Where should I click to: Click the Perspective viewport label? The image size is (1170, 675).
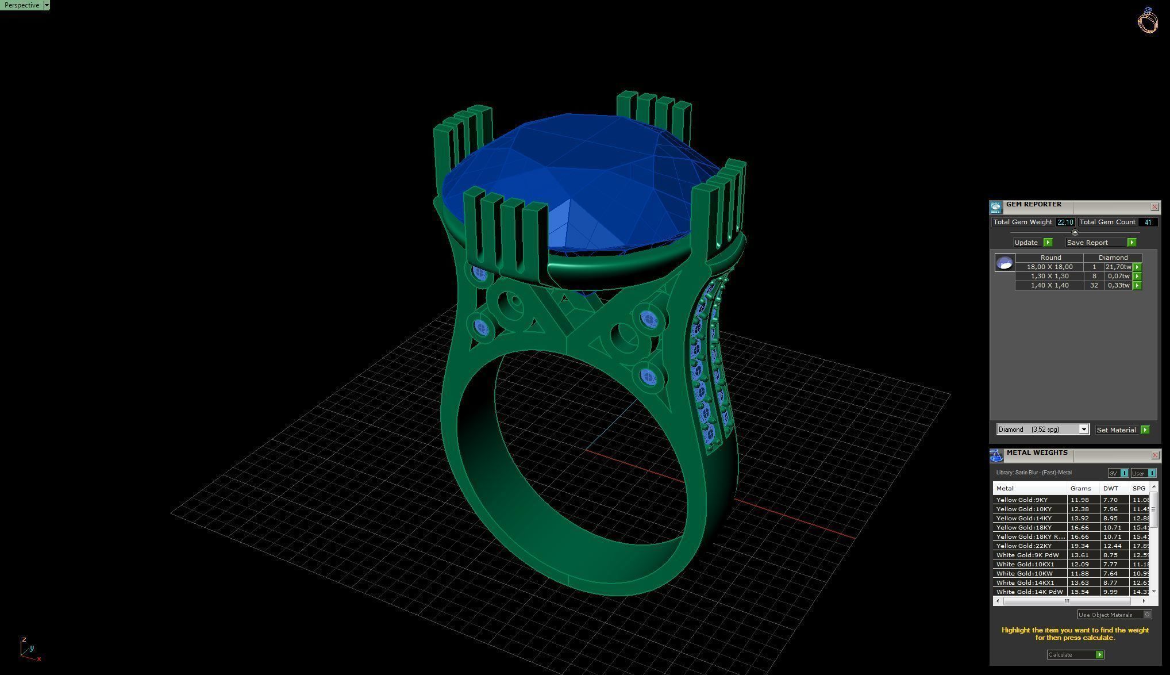[22, 5]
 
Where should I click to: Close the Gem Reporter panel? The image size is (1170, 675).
[1154, 207]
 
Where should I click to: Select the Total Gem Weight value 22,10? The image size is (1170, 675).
[1064, 222]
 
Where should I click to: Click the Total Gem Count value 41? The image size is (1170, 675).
[1148, 222]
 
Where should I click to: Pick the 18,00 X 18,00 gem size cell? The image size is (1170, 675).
[1049, 267]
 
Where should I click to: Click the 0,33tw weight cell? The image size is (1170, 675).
[1118, 285]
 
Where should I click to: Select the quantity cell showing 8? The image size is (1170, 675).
[1094, 276]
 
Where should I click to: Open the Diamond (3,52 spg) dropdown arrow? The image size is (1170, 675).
[1083, 429]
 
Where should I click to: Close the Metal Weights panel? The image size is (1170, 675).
[1155, 455]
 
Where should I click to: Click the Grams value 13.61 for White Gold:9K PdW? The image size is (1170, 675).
[1080, 555]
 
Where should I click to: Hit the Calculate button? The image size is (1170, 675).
[1075, 654]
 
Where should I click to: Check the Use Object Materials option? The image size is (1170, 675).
[1147, 615]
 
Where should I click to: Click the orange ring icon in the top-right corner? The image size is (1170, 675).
[1147, 20]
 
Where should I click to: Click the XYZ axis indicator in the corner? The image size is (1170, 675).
[28, 649]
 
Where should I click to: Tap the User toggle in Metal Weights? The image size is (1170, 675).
[1143, 473]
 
